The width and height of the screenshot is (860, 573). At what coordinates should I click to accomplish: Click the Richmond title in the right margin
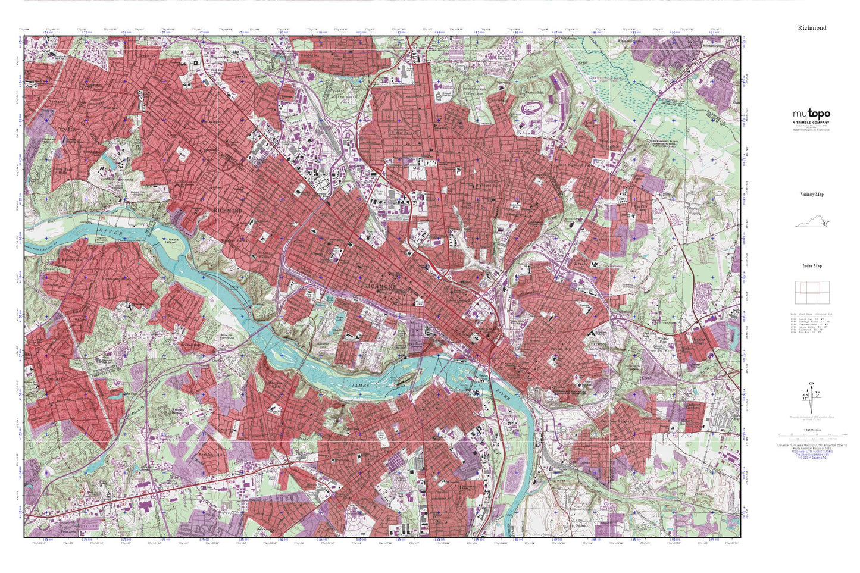tap(812, 28)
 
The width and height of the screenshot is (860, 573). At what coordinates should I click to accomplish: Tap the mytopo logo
tap(811, 114)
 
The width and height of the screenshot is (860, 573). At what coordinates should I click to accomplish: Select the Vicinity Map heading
tap(812, 195)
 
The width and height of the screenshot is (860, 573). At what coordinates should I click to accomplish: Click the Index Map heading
tap(812, 266)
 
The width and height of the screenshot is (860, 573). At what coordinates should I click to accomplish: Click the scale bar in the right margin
tap(811, 435)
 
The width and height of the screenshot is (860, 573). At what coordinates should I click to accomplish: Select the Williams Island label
tap(170, 241)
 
